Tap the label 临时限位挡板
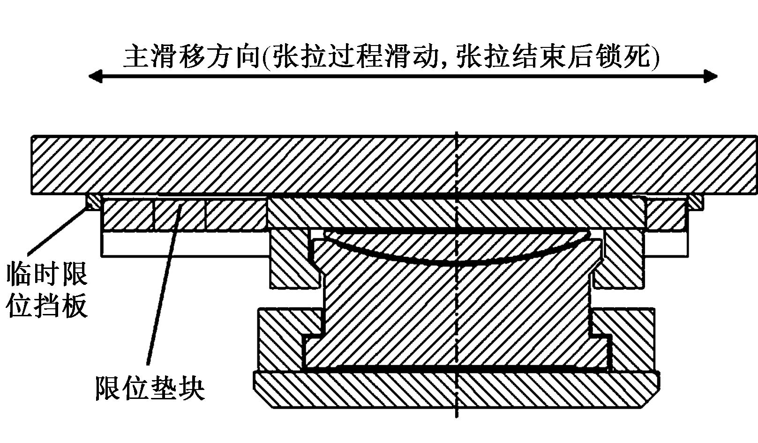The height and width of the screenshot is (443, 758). point(47,290)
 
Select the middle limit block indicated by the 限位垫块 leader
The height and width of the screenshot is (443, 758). point(180,214)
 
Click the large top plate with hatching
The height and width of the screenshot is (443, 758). point(375,164)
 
